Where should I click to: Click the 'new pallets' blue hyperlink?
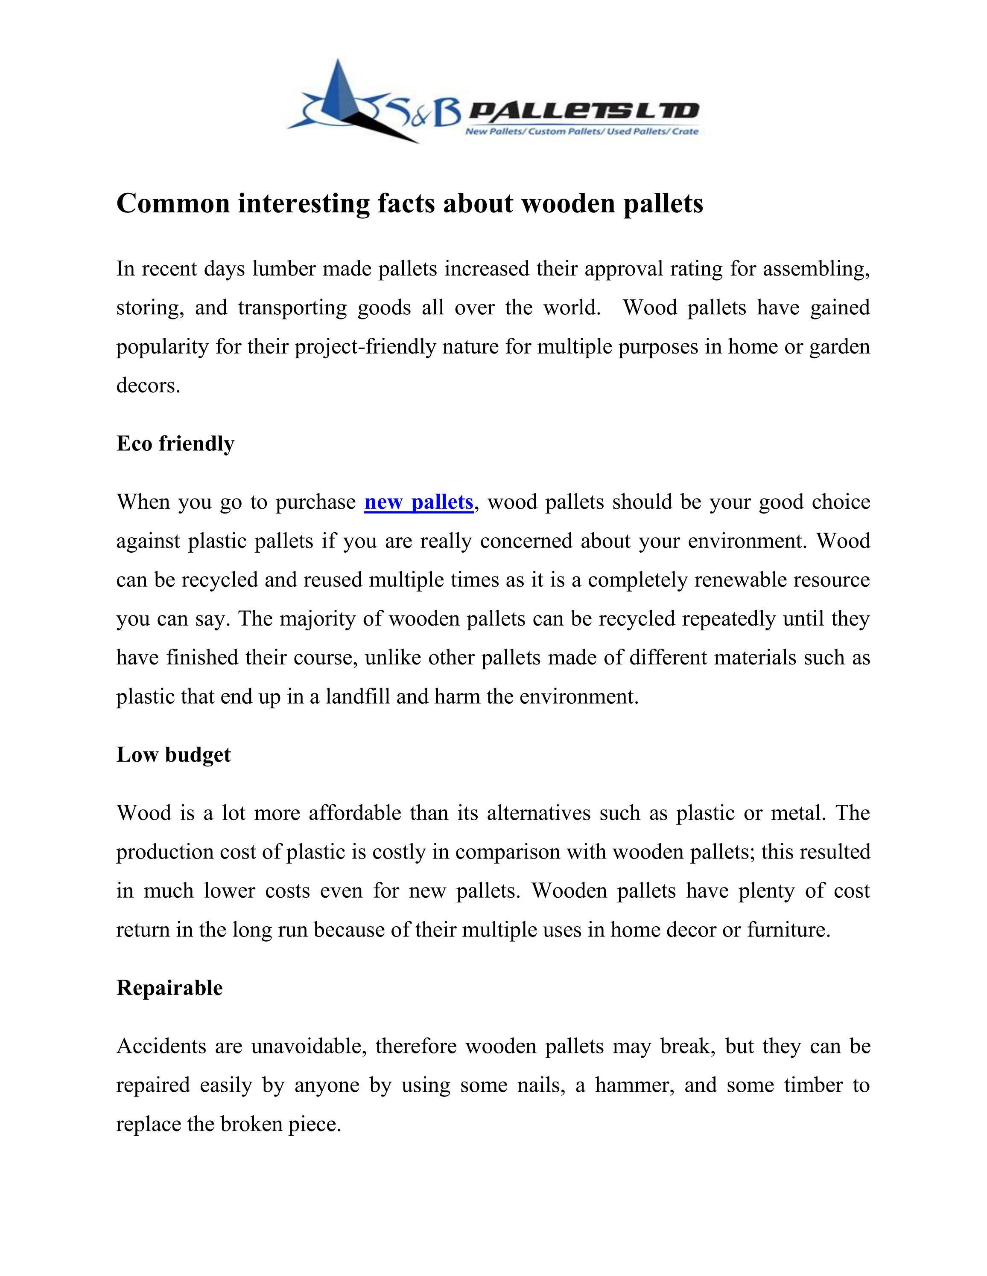(419, 502)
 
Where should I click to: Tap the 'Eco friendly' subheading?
(175, 444)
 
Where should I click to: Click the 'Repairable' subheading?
(169, 987)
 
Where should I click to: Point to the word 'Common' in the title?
(173, 203)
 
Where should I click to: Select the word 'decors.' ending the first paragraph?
(148, 386)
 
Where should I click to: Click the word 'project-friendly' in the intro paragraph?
(365, 347)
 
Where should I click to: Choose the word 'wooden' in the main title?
(567, 203)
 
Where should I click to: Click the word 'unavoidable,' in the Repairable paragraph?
(309, 1046)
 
